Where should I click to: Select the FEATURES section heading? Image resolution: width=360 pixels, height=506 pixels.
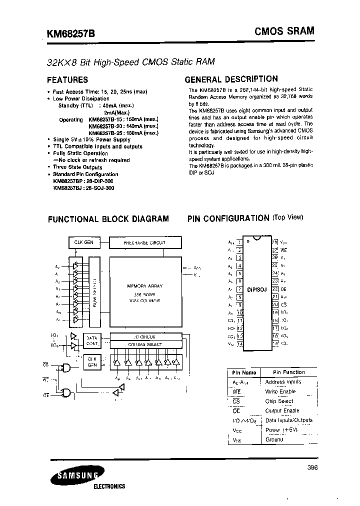coord(67,79)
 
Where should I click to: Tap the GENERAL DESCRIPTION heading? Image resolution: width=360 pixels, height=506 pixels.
coord(231,79)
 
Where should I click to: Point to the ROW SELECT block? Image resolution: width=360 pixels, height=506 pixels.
coord(95,290)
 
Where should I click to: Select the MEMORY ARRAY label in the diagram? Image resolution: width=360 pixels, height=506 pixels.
coord(145,286)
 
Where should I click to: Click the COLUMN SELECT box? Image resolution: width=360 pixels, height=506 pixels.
coord(145,344)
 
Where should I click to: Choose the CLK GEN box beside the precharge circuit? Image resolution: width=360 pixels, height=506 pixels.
coord(83,242)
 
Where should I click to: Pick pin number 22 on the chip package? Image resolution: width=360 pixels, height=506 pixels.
coord(274,288)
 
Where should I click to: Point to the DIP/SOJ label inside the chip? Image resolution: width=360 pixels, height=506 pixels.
coord(257,289)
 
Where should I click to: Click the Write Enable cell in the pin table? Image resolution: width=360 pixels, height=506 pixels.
coord(280,391)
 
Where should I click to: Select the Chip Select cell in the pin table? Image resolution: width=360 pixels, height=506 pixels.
coord(279,401)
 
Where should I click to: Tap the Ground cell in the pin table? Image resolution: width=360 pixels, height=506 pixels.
coord(274,439)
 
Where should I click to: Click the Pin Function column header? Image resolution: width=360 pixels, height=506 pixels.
coord(288,372)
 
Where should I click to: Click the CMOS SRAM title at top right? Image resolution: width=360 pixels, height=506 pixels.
coord(284,31)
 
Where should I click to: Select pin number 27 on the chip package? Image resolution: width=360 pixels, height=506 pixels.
coord(274,249)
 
